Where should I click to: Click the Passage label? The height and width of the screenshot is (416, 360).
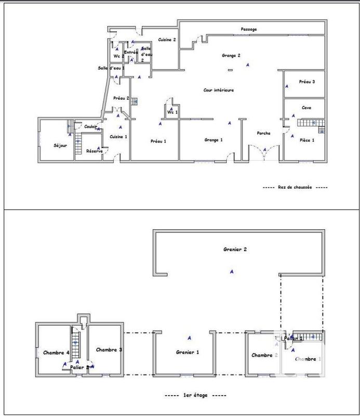click(249, 30)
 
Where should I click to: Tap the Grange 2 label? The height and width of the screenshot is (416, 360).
click(231, 55)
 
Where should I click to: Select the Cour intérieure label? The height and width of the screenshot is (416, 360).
click(219, 90)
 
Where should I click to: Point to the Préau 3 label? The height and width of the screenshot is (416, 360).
click(306, 82)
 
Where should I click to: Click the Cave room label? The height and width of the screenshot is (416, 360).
click(306, 108)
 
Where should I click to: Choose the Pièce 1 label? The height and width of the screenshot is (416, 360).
click(306, 140)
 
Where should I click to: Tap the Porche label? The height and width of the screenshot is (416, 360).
click(263, 134)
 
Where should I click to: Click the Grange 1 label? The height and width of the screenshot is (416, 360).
click(213, 140)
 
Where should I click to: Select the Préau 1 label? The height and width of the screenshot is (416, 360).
click(158, 141)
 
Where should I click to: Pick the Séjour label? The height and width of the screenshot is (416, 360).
click(60, 146)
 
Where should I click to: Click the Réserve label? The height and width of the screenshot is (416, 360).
click(94, 151)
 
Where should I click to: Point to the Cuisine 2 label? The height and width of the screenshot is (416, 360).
click(167, 40)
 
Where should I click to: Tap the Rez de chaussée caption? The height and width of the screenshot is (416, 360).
click(295, 187)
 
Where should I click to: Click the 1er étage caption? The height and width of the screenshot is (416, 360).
click(195, 395)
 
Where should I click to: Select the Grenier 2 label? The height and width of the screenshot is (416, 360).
click(233, 250)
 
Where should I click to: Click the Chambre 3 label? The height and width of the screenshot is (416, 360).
click(109, 350)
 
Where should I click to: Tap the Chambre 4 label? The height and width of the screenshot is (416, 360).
click(56, 353)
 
